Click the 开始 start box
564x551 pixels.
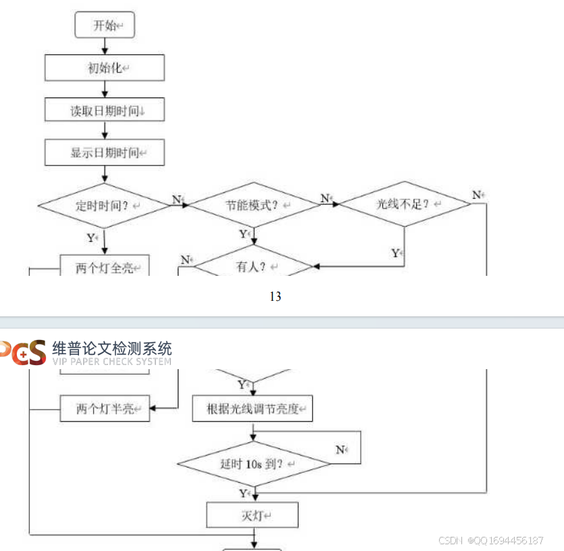pyautogui.click(x=105, y=26)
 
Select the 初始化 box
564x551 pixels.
pyautogui.click(x=105, y=68)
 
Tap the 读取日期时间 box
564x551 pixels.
pyautogui.click(x=105, y=110)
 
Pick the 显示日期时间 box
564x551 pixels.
pyautogui.click(x=105, y=153)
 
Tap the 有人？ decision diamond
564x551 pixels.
pyautogui.click(x=253, y=266)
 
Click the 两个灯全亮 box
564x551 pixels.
pyautogui.click(x=105, y=268)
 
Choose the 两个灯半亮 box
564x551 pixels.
pyautogui.click(x=105, y=409)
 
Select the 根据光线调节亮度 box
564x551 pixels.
pyautogui.click(x=253, y=409)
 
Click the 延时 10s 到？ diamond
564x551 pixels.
pyautogui.click(x=253, y=464)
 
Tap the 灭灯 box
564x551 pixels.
pyautogui.click(x=252, y=516)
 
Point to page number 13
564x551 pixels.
pyautogui.click(x=275, y=296)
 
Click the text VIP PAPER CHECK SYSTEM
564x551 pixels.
pyautogui.click(x=111, y=361)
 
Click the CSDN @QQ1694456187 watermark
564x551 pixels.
pyautogui.click(x=491, y=540)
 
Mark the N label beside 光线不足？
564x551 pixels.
pyautogui.click(x=476, y=195)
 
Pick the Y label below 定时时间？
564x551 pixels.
pyautogui.click(x=91, y=237)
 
